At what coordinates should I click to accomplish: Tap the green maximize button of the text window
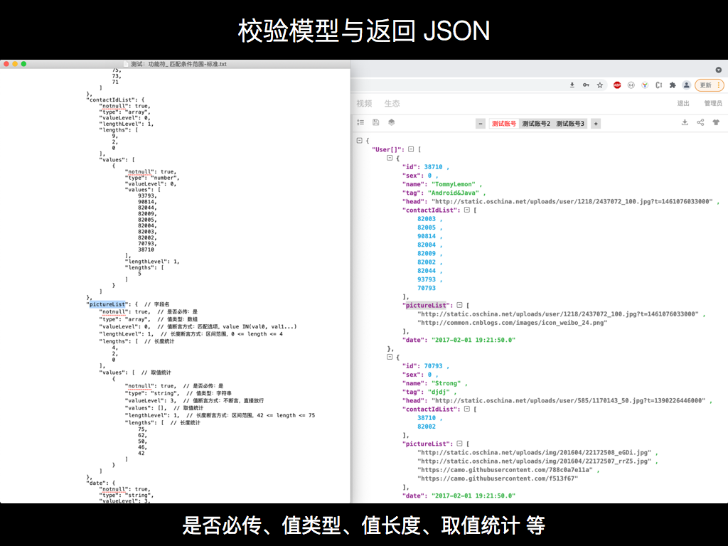click(x=23, y=64)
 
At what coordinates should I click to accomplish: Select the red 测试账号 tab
click(x=503, y=124)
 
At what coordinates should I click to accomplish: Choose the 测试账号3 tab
click(x=570, y=124)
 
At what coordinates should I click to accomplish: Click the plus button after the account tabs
click(x=596, y=124)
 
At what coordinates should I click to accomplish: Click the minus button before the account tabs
click(x=481, y=124)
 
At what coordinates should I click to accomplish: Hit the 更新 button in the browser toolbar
click(x=709, y=85)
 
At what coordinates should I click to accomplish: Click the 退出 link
click(x=683, y=104)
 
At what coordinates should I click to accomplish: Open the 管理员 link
click(x=713, y=104)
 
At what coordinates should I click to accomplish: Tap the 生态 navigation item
click(x=392, y=104)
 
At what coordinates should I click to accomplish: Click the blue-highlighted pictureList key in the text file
click(x=107, y=304)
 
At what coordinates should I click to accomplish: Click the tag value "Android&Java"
click(x=456, y=193)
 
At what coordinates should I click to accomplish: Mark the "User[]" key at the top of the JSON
click(x=388, y=149)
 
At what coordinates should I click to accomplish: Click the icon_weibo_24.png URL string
click(x=513, y=322)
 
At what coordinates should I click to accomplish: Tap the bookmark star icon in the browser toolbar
click(x=600, y=85)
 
